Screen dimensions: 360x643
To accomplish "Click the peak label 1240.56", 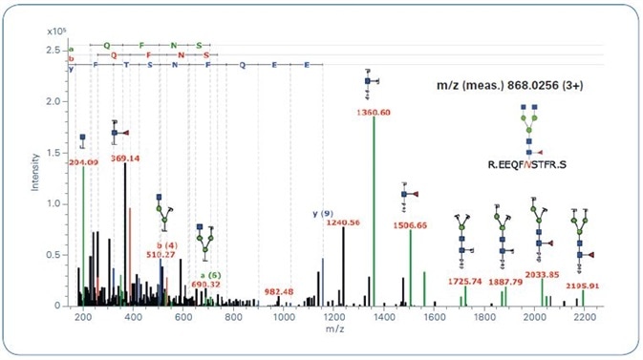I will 342,222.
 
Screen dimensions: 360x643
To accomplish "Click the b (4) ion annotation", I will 161,246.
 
